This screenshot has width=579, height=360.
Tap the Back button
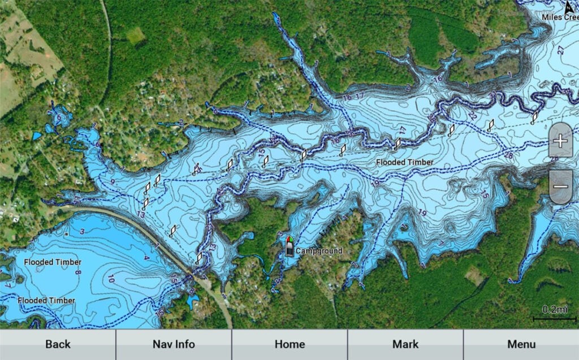click(x=58, y=344)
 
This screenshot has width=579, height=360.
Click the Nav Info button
click(x=174, y=344)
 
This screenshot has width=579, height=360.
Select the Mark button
click(x=405, y=344)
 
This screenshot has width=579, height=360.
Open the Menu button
click(x=521, y=344)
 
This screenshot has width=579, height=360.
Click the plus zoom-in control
click(x=560, y=140)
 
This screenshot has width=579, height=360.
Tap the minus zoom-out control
click(x=560, y=186)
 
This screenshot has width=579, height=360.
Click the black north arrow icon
click(x=570, y=7)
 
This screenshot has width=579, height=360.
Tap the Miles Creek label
click(x=560, y=18)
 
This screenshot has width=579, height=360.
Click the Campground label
click(x=319, y=251)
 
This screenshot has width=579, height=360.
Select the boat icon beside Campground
click(x=289, y=247)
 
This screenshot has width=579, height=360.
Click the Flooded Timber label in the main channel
click(x=405, y=162)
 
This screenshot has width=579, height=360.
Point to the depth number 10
click(x=111, y=278)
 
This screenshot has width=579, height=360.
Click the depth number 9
click(x=113, y=182)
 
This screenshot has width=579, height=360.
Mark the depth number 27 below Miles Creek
click(x=560, y=50)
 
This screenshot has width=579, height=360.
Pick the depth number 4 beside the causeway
click(x=146, y=258)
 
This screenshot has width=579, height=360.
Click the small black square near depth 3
click(x=67, y=233)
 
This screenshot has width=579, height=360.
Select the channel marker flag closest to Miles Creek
click(x=535, y=117)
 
